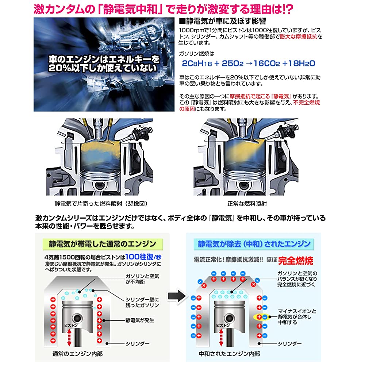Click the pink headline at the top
pyautogui.click(x=163, y=9)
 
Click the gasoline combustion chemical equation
pyautogui.click(x=248, y=63)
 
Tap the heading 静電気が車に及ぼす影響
pyautogui.click(x=223, y=22)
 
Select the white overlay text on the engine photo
pyautogui.click(x=104, y=63)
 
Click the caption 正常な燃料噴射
pyautogui.click(x=247, y=204)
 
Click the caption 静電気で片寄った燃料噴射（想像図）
pyautogui.click(x=101, y=204)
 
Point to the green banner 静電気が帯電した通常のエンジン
pyautogui.click(x=103, y=244)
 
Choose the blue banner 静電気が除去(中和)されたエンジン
pyautogui.click(x=254, y=244)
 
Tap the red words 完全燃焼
pyautogui.click(x=296, y=261)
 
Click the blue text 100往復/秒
pyautogui.click(x=143, y=257)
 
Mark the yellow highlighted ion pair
pyautogui.click(x=262, y=317)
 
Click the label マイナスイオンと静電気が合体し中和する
pyautogui.click(x=297, y=316)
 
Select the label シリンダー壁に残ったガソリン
pyautogui.click(x=142, y=302)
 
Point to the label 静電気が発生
pyautogui.click(x=140, y=320)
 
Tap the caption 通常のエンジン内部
pyautogui.click(x=77, y=354)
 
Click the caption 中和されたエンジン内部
pyautogui.click(x=229, y=354)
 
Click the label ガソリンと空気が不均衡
pyautogui.click(x=142, y=279)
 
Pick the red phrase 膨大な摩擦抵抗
pyautogui.click(x=299, y=36)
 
